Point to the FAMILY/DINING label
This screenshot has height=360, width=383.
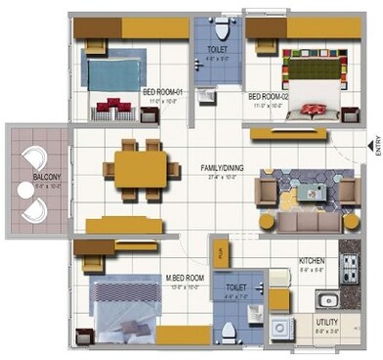click(x=223, y=167)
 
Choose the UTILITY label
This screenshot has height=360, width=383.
click(x=326, y=320)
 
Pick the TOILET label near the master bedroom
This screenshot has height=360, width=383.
click(x=235, y=289)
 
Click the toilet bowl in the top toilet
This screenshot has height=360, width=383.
click(x=222, y=24)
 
